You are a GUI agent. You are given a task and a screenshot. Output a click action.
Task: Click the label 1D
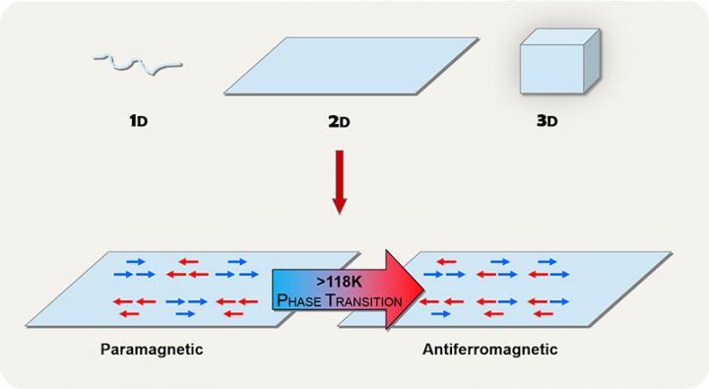tap(138, 123)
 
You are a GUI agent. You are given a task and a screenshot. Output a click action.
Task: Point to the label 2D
tap(338, 123)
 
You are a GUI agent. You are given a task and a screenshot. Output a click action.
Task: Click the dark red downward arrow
tap(340, 182)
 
